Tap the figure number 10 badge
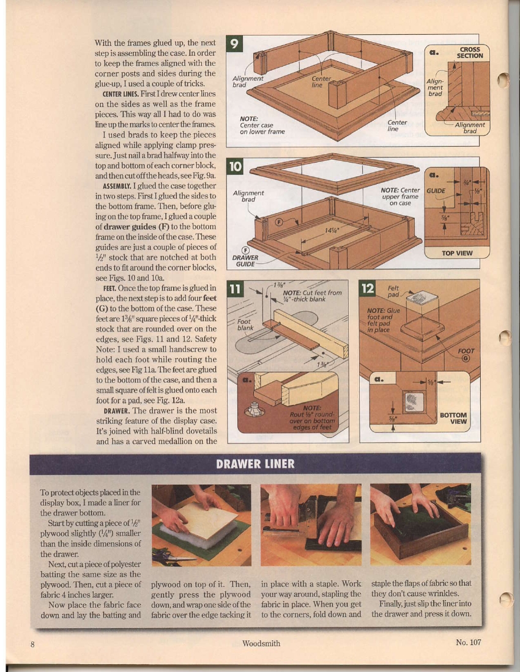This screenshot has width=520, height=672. click(x=234, y=166)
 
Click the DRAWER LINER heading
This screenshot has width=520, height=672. click(x=256, y=463)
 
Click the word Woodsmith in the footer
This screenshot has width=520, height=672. click(x=261, y=643)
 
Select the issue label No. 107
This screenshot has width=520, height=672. click(x=469, y=642)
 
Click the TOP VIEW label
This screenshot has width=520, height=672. click(x=457, y=253)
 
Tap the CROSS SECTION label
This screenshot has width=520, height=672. click(x=469, y=52)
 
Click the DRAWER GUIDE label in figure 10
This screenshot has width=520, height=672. click(x=245, y=260)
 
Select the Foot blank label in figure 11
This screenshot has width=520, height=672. click(x=244, y=324)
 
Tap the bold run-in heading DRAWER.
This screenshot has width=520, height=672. click(x=114, y=412)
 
